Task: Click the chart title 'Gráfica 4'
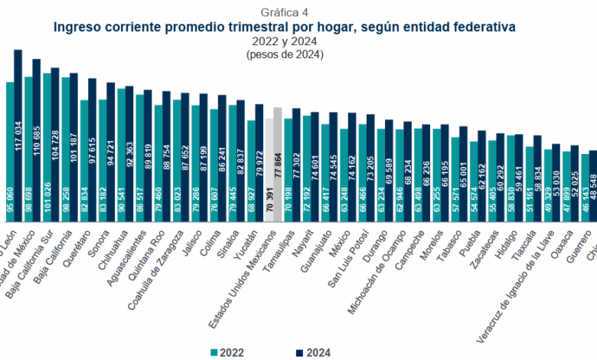[285, 12]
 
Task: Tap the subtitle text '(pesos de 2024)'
[285, 54]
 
